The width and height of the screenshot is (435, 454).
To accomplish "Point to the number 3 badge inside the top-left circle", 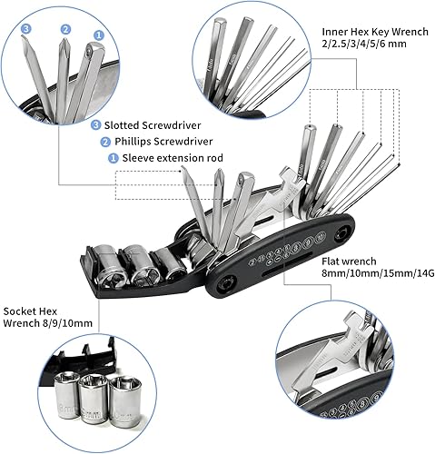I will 25,28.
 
